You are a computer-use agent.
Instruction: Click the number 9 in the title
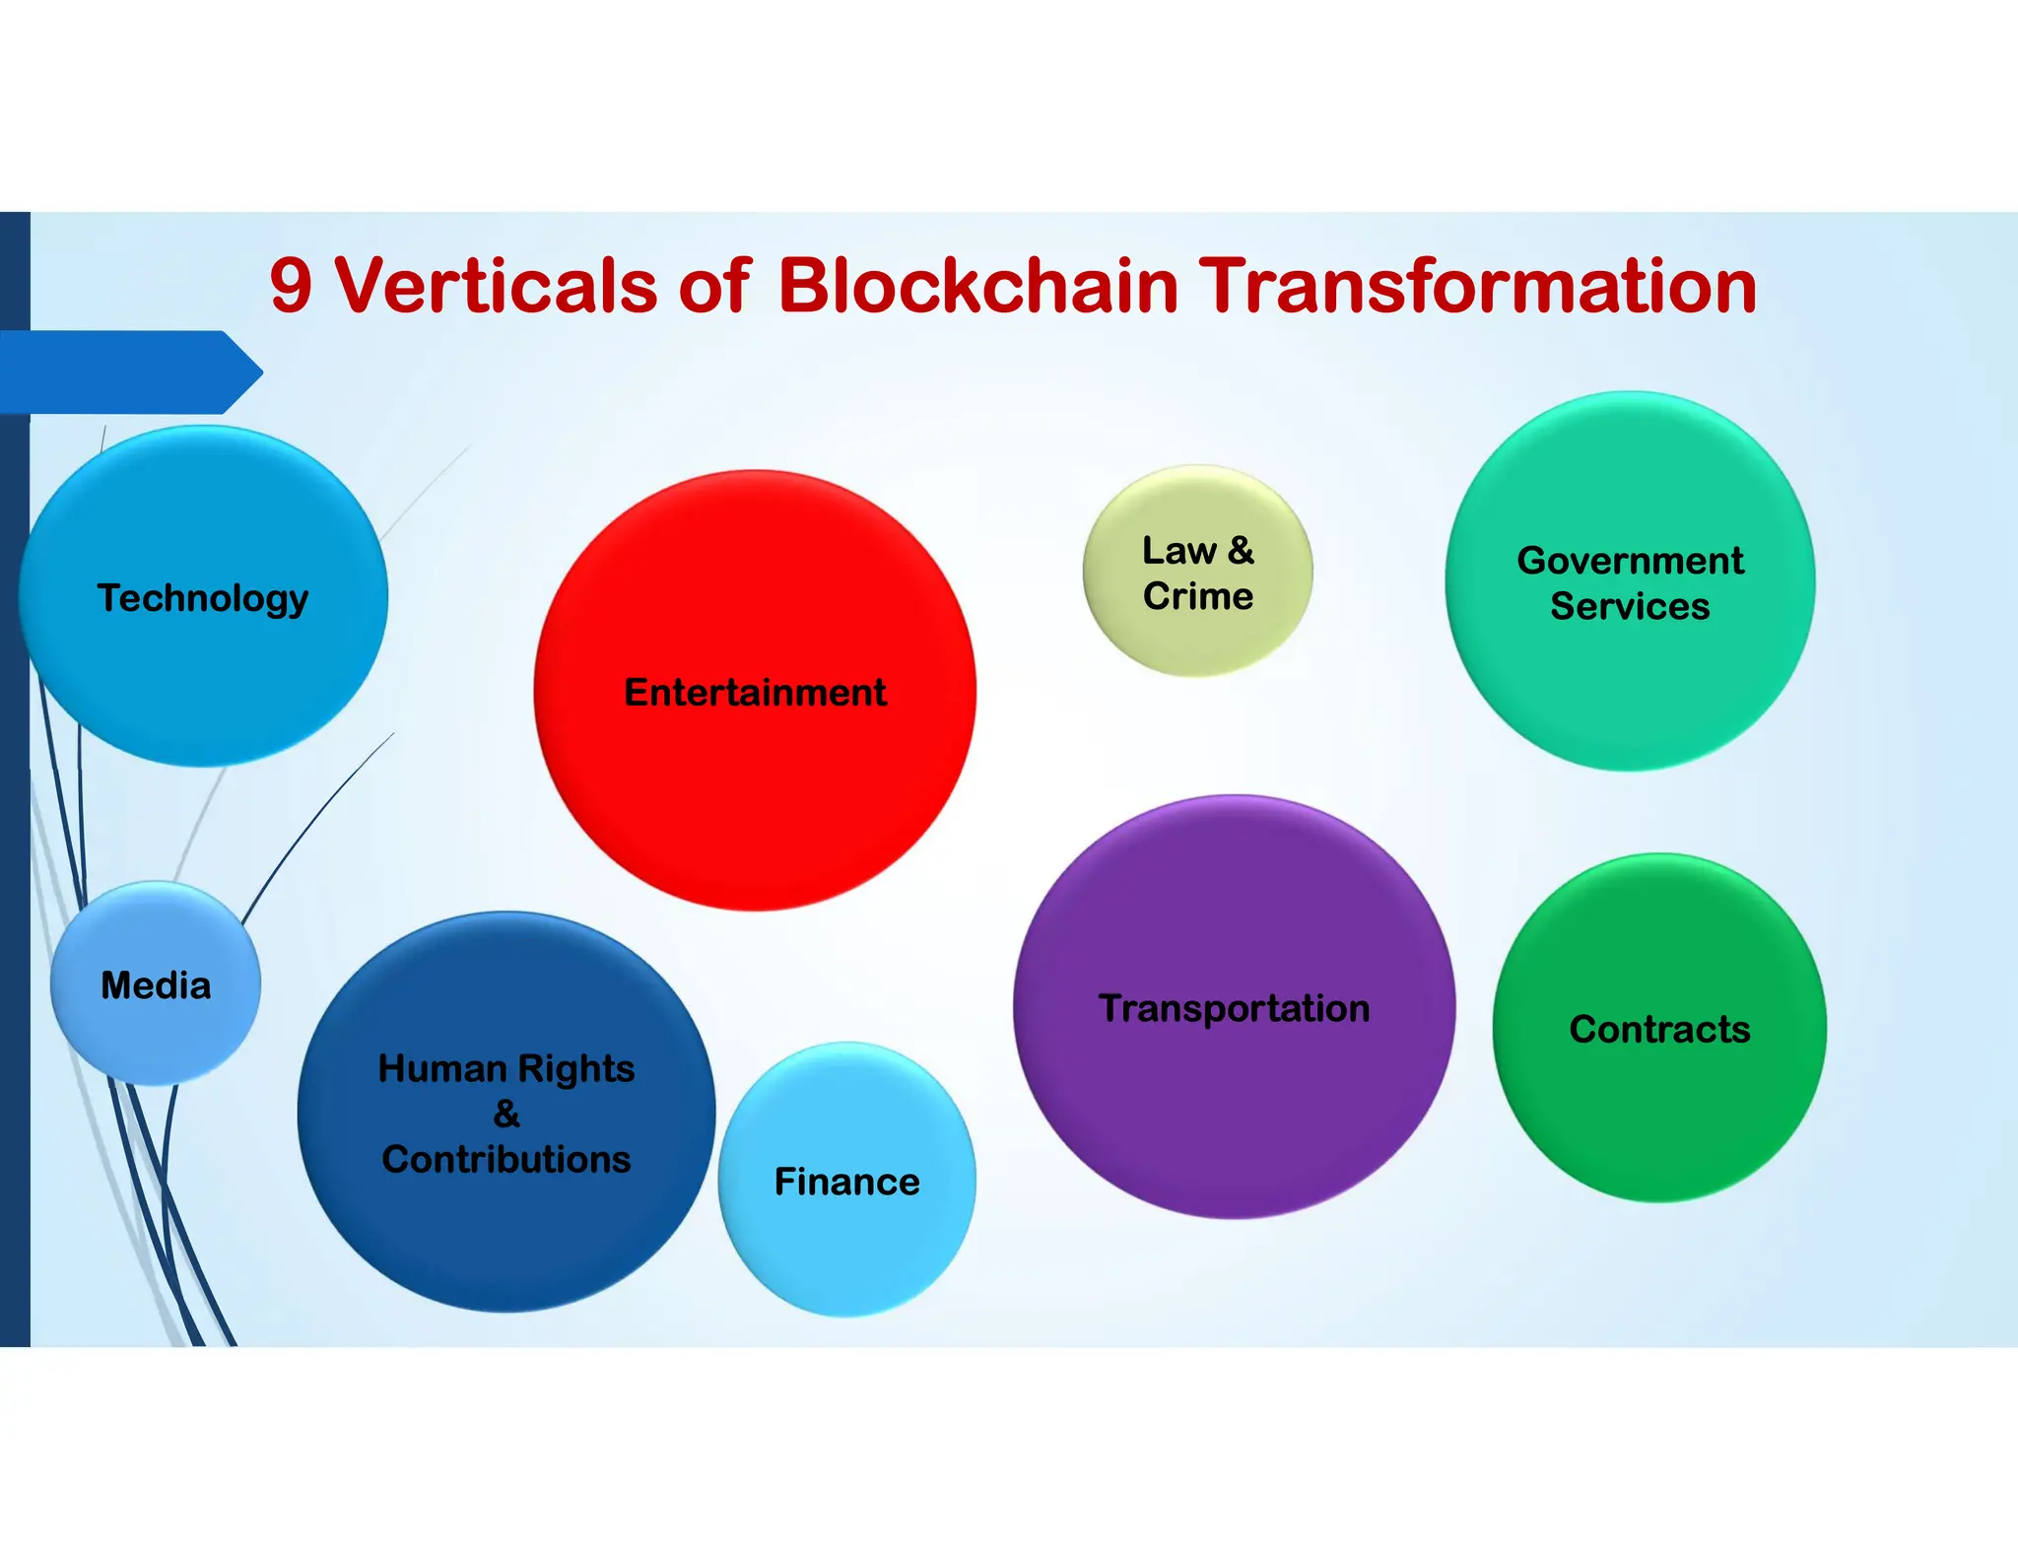pyautogui.click(x=292, y=286)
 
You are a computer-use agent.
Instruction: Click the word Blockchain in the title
pyautogui.click(x=977, y=286)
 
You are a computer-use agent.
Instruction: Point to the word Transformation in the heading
pyautogui.click(x=1478, y=286)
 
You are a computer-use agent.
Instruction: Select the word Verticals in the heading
pyautogui.click(x=496, y=286)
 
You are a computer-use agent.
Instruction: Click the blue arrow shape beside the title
pyautogui.click(x=128, y=372)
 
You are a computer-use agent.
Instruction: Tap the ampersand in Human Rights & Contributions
pyautogui.click(x=506, y=1114)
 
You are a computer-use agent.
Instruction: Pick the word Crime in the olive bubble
pyautogui.click(x=1198, y=596)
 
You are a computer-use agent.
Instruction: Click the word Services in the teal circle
pyautogui.click(x=1630, y=606)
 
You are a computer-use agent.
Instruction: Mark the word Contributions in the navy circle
pyautogui.click(x=506, y=1159)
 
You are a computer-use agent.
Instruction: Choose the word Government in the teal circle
pyautogui.click(x=1630, y=560)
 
